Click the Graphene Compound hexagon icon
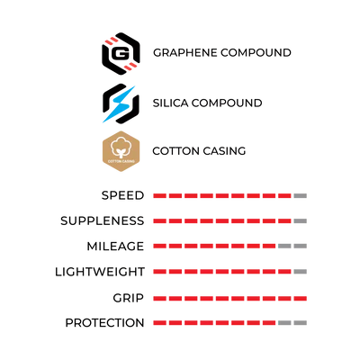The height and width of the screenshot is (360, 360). (121, 53)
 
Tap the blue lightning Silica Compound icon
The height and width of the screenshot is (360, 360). (121, 103)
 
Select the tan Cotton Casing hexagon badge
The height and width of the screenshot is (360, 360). (121, 151)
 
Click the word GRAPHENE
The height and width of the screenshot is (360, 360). (185, 53)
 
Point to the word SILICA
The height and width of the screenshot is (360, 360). (170, 103)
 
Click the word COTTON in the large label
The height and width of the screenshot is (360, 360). (174, 151)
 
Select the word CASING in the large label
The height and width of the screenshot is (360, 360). (222, 151)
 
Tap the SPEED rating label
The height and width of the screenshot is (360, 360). (123, 195)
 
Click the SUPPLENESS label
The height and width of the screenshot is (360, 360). (103, 221)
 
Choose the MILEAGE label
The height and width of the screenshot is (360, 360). (115, 247)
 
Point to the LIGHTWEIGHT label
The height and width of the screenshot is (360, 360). (100, 272)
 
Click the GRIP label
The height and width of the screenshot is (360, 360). (129, 298)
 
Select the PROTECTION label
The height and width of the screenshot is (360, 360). (104, 323)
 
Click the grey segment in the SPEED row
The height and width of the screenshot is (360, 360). (301, 196)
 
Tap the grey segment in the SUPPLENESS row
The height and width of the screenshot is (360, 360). (301, 221)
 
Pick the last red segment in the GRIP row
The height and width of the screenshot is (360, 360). (301, 299)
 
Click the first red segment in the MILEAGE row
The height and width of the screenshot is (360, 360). (159, 247)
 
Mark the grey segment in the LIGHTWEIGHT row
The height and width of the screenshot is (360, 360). (301, 272)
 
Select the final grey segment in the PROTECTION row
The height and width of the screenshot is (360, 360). (301, 323)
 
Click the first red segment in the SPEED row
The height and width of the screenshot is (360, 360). (159, 196)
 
